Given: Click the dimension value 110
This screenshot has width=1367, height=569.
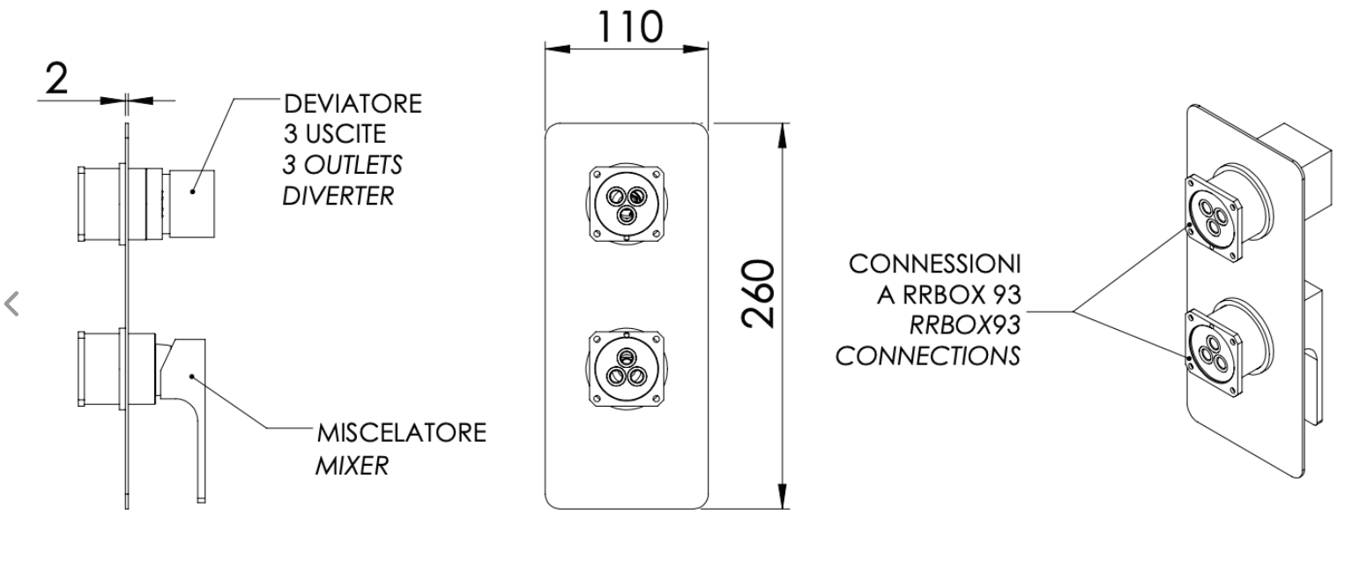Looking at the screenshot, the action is (x=629, y=26).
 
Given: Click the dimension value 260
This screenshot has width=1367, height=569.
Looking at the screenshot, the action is (x=758, y=295).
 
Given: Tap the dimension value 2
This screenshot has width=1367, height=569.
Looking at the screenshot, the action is (x=56, y=79).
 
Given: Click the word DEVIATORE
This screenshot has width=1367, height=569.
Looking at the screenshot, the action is (x=353, y=104).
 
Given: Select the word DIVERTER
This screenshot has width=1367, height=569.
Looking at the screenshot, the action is (x=338, y=196).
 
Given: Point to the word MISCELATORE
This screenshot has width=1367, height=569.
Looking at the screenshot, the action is (x=402, y=433).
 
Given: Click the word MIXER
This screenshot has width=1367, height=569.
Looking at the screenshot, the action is (x=353, y=466).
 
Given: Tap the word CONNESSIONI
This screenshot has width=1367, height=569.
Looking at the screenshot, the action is (x=934, y=265).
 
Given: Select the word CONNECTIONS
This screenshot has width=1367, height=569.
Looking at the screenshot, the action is (x=927, y=356).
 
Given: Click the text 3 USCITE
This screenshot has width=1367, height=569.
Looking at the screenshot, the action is (x=335, y=134).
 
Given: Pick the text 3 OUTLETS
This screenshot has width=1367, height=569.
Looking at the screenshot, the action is (x=342, y=165).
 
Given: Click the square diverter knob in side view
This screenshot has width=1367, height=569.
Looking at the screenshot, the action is (x=191, y=203).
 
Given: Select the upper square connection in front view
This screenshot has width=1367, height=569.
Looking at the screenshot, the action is (x=627, y=204).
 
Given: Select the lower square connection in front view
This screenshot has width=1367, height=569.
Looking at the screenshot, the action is (x=627, y=369).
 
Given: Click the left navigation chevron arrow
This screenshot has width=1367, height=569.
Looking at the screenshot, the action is (x=12, y=304).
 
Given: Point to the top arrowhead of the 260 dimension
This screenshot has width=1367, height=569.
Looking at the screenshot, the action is (x=783, y=135).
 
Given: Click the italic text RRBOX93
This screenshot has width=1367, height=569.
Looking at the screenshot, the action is (x=965, y=326).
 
